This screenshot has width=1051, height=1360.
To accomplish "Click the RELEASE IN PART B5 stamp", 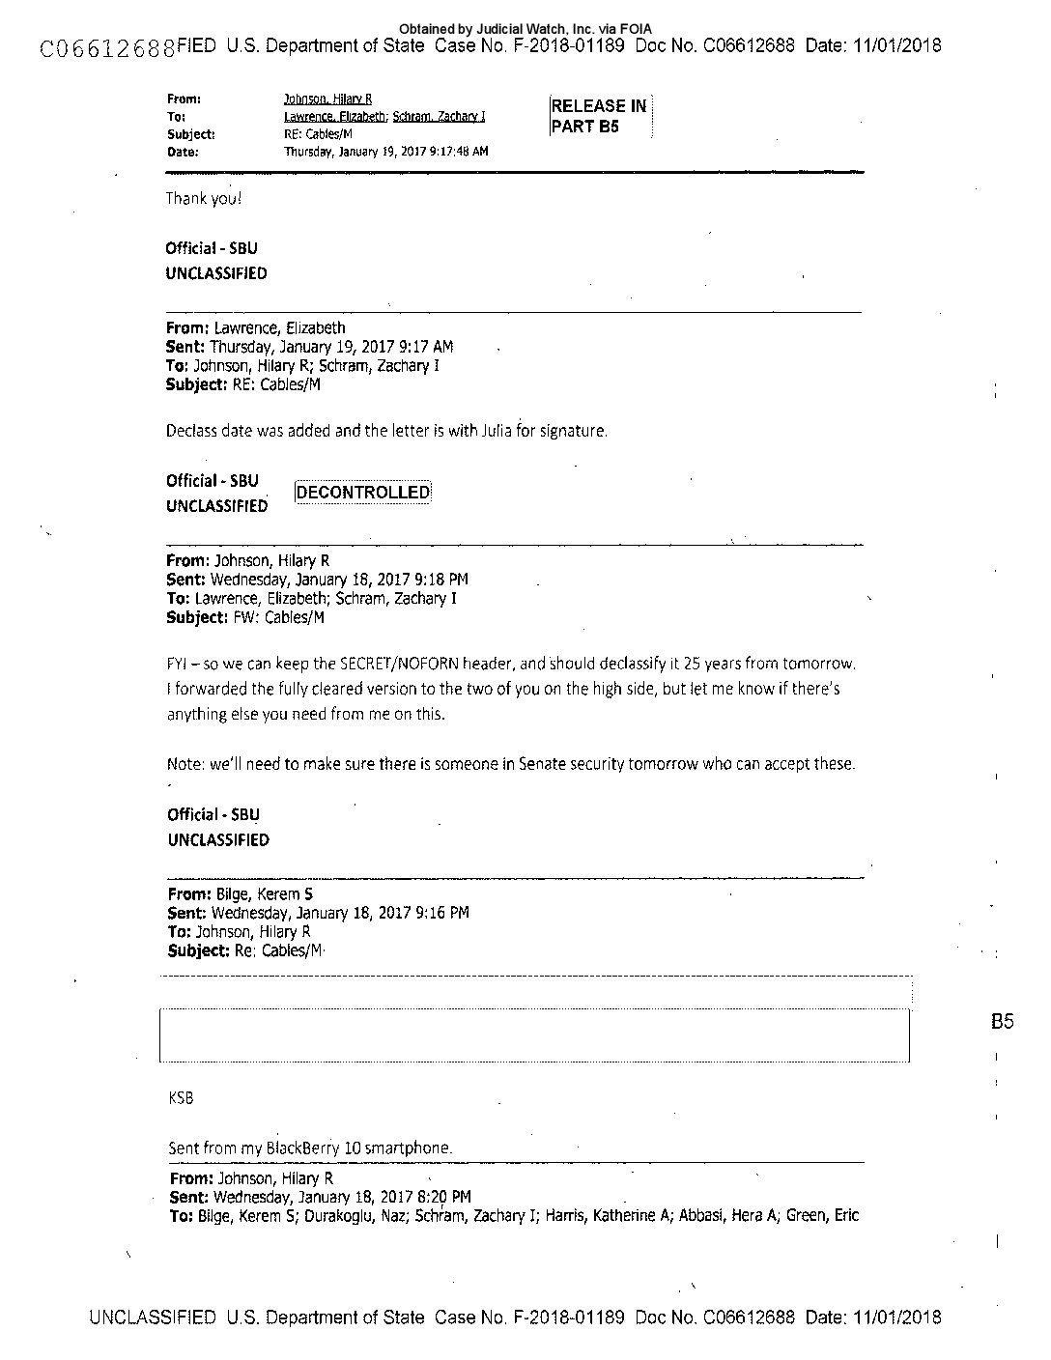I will coord(599,116).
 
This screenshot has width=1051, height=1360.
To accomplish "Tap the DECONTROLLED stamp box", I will coord(363,493).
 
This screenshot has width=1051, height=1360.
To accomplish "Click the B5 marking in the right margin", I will coord(1002,1021).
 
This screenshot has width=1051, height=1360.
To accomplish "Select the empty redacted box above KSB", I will coord(534,1035).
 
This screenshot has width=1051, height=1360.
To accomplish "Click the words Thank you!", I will coord(203,198).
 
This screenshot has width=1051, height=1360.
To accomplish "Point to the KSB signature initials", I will coord(181,1098).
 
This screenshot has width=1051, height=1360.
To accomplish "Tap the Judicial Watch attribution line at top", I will coord(525,30).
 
